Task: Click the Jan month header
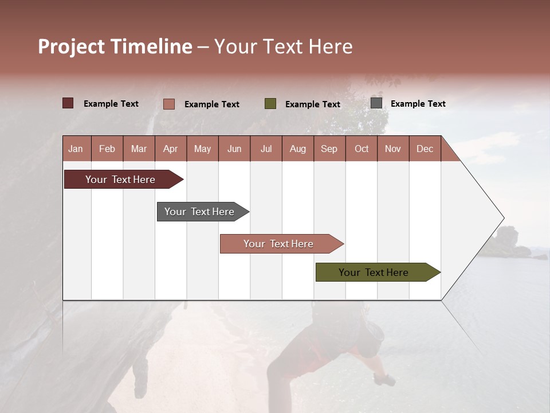coord(76,149)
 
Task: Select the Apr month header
coord(171,149)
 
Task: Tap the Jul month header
coord(266,149)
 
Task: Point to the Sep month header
coord(329,149)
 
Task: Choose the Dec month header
coord(425,149)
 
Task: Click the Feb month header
coord(107,149)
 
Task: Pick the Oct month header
coord(362,149)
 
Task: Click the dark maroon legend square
coord(68,103)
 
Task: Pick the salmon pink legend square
coord(169,104)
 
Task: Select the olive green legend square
coord(270,104)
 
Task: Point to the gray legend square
coord(376,103)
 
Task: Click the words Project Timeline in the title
coord(115,46)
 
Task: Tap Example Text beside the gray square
coord(418,104)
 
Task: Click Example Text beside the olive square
coord(312,104)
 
